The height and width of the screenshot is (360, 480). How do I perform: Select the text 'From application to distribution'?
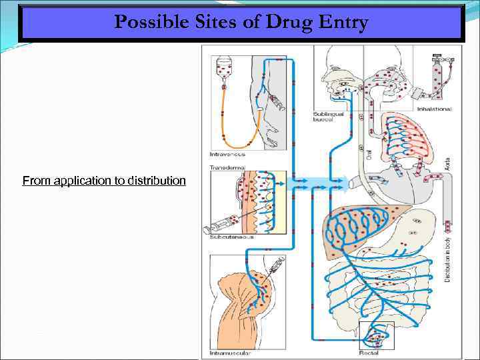pos(104,181)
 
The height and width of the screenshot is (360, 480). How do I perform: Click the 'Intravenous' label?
pos(227,155)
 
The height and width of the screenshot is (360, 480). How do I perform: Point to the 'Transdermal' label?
pos(227,167)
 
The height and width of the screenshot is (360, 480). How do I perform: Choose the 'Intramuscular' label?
pos(229,353)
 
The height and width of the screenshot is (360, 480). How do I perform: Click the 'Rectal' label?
pos(371,353)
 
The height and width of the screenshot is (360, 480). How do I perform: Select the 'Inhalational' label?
pos(434,109)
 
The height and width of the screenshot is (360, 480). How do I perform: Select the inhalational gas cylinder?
pos(441,73)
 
